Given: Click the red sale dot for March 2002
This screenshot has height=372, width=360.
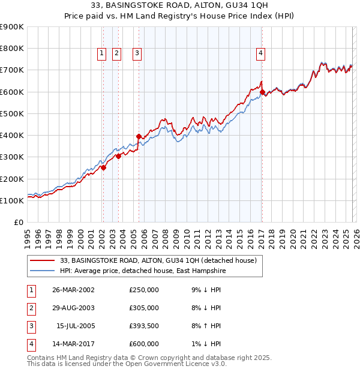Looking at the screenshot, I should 103,168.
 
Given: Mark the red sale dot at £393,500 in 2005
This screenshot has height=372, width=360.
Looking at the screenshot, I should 139,136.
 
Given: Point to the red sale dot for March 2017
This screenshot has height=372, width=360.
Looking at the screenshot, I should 262,92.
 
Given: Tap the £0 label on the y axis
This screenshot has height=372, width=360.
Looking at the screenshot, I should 18,222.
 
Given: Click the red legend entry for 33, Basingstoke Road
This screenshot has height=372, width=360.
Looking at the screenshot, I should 158,260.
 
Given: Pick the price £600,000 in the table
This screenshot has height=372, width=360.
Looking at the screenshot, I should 144,344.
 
